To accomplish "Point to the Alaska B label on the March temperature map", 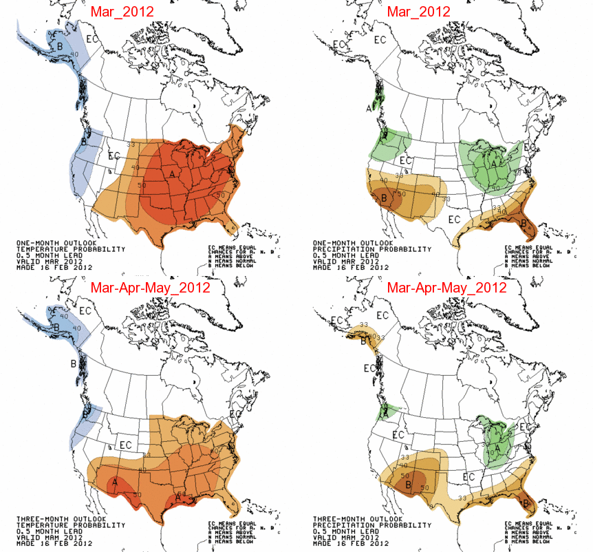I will pos(60,45).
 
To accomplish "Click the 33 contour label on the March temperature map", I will pos(133,144).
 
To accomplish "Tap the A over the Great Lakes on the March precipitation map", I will pos(493,164).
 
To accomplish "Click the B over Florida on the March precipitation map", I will pos(524,223).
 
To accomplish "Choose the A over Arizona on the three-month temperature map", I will pos(116,480).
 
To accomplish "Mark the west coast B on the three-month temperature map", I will pos(86,415).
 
